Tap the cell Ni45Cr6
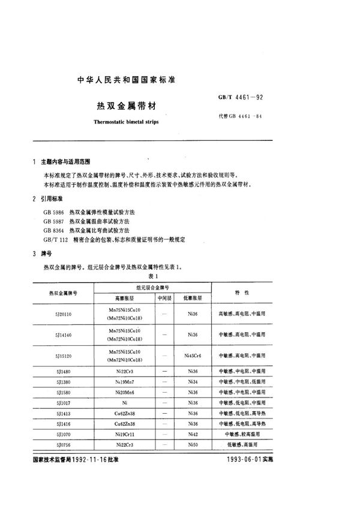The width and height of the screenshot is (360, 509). click(192, 356)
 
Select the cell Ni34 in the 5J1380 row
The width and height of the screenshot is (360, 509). click(192, 381)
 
